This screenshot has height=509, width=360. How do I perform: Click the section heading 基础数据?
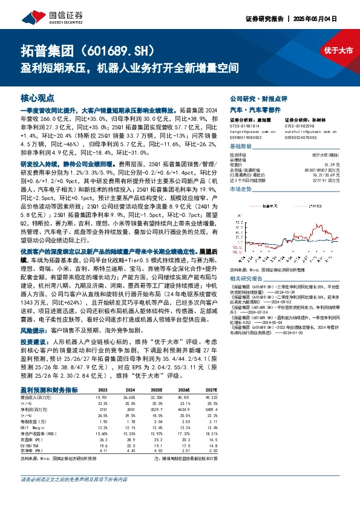(x=241, y=147)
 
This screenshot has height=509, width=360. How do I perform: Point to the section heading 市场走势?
(x=241, y=189)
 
